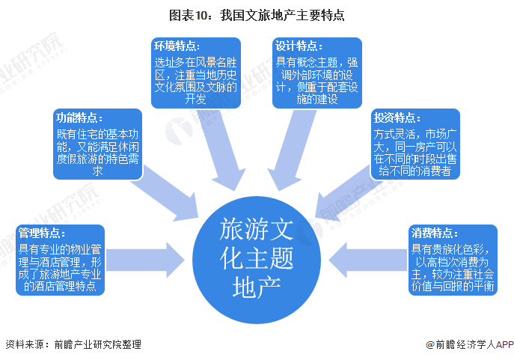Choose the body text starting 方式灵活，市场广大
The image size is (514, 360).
[x=416, y=153]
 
